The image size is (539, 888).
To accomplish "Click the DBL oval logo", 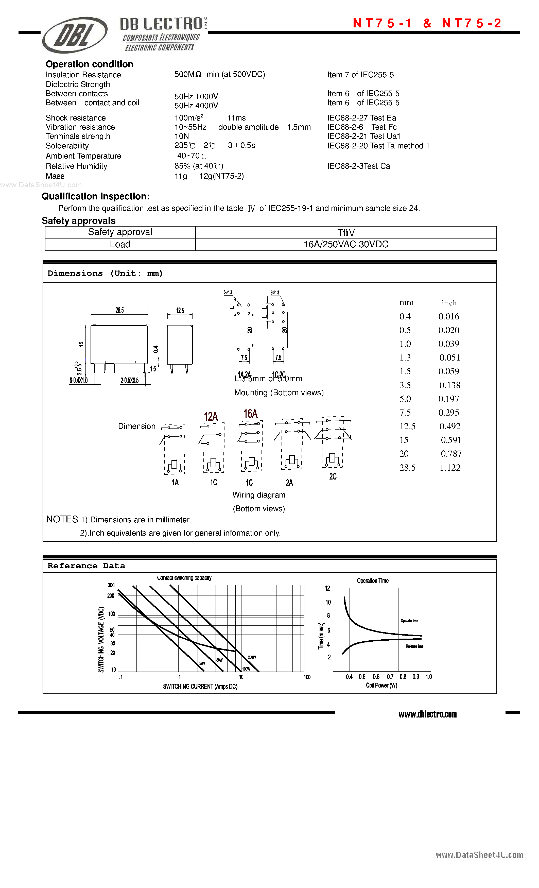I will tap(75, 35).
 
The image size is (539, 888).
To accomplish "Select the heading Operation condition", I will tap(89, 64).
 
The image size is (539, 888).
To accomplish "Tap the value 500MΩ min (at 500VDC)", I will tap(219, 74).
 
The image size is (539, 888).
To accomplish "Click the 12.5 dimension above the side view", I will tap(180, 311).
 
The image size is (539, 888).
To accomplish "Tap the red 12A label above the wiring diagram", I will tap(211, 417).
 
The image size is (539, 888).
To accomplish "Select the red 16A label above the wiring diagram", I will tap(250, 414).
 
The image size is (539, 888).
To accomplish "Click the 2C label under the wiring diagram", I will tap(333, 476).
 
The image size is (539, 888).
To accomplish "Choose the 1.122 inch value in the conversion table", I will tap(450, 467).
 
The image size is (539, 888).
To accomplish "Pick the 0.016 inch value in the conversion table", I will tap(448, 316).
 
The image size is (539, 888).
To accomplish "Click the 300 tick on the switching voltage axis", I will tap(111, 585).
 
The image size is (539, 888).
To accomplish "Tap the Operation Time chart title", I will tap(373, 580).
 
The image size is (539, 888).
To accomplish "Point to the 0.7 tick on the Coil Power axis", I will tap(390, 677).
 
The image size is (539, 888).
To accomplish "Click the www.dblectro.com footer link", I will tap(427, 714).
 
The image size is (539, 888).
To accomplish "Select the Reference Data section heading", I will tap(86, 566).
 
